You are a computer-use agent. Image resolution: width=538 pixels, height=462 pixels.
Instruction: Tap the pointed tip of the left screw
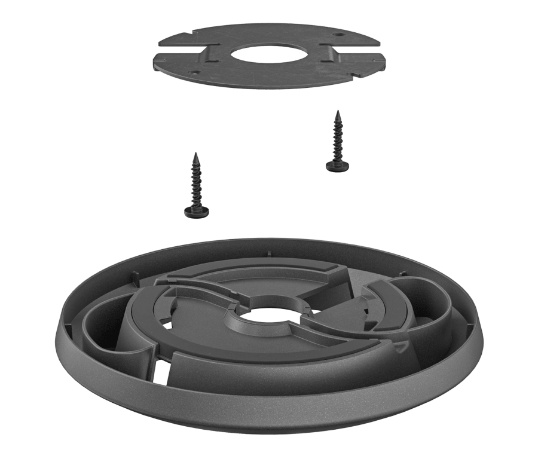pos(195,154)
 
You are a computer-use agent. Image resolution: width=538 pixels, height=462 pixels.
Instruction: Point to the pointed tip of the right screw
pos(338,111)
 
